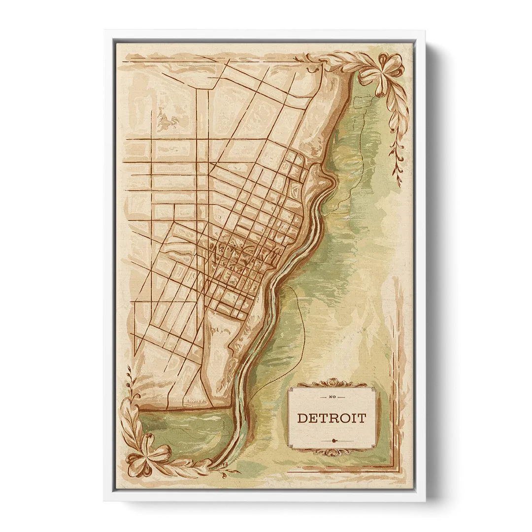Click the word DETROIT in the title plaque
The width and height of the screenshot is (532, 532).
click(x=332, y=419)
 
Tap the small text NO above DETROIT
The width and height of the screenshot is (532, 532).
click(x=332, y=397)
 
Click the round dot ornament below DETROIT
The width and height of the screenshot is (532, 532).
click(x=334, y=440)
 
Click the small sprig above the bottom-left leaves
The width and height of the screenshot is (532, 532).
click(x=130, y=379)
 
